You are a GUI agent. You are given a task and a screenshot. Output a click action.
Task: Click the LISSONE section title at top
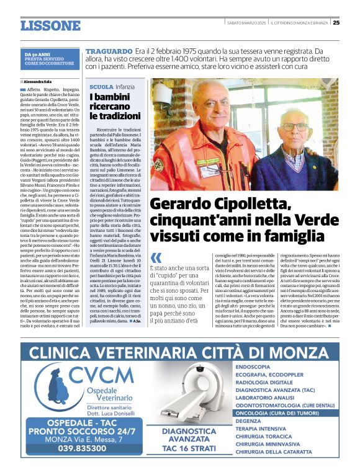(50, 26)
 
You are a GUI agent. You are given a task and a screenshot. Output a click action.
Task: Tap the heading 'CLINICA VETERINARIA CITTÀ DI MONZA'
(179, 353)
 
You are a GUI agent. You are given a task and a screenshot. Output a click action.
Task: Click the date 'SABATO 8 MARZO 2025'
(246, 23)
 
